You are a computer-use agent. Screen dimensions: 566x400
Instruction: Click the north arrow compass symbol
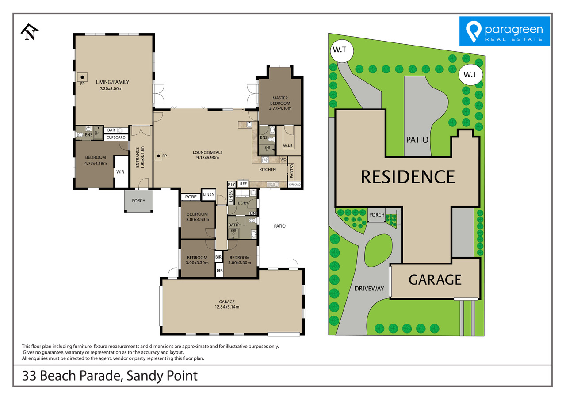[30, 32]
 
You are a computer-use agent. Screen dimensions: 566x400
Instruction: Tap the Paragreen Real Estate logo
[505, 31]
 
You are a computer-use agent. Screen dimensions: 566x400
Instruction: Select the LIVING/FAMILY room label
[112, 82]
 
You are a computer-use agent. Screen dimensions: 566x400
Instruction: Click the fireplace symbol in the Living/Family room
[82, 77]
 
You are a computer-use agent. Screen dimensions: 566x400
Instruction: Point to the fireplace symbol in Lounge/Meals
[158, 156]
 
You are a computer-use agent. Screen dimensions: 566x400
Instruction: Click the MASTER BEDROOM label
[280, 100]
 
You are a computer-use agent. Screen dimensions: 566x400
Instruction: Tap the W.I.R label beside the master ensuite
[288, 146]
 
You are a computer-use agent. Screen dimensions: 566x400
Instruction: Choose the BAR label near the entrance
[111, 130]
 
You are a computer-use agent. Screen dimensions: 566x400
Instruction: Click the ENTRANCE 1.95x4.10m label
[140, 157]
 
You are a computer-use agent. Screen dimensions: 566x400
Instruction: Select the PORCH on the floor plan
[138, 201]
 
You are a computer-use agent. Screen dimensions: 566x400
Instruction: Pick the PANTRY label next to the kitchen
[291, 171]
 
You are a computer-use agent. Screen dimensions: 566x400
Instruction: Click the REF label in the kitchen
[243, 183]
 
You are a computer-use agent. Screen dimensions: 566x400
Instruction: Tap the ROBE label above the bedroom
[191, 197]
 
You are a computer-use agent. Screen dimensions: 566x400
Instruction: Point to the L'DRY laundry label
[243, 203]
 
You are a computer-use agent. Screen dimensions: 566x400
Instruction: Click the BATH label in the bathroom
[233, 225]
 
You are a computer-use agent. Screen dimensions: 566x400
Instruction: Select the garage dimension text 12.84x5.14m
[227, 307]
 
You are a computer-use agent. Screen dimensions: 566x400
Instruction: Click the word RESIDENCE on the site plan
[408, 177]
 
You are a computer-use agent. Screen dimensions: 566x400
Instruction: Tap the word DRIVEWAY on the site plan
[369, 288]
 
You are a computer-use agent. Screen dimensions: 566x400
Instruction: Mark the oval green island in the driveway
[378, 249]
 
